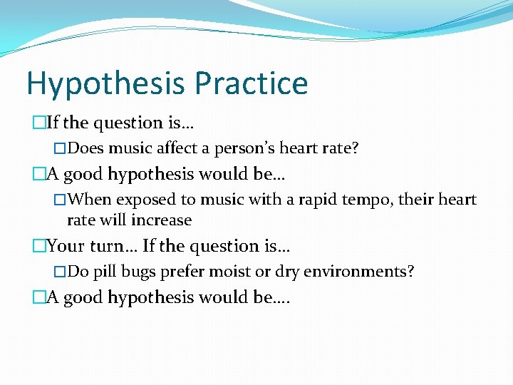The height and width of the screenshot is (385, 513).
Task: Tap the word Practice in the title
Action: click(x=251, y=83)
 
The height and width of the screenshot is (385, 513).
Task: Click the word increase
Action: click(x=166, y=220)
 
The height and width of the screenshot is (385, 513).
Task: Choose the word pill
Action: click(x=105, y=272)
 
